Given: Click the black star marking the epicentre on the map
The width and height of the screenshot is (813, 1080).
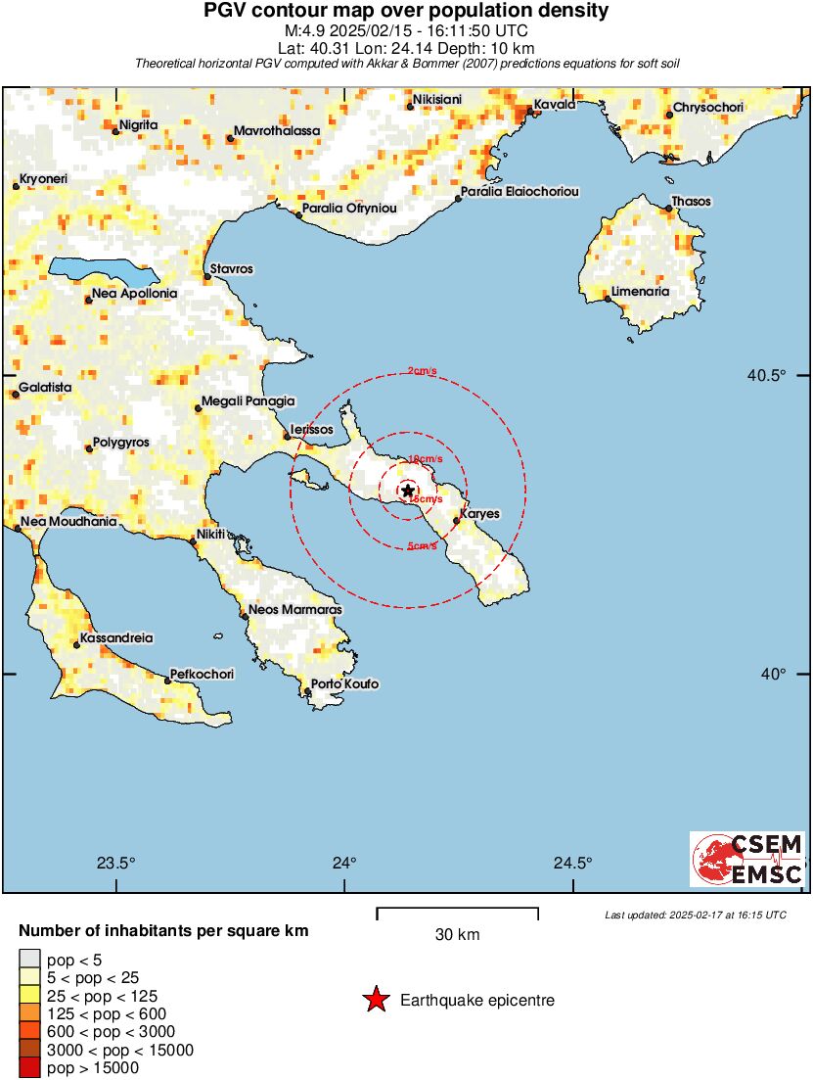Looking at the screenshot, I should click(x=408, y=491).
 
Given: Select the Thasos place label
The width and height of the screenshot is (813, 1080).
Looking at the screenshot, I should click(x=691, y=202).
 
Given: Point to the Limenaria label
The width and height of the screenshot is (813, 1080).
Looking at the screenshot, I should click(x=640, y=292).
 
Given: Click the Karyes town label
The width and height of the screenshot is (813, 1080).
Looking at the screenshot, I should click(x=479, y=513).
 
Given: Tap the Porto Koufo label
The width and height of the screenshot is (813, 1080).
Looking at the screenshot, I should click(x=344, y=684).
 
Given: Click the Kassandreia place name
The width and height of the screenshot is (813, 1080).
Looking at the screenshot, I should click(x=117, y=637).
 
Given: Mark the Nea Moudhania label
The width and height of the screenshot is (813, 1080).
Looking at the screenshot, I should click(x=69, y=522).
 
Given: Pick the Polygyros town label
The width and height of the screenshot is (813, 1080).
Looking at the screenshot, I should click(x=120, y=443).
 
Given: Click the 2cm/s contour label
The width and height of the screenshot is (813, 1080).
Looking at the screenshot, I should click(x=422, y=370).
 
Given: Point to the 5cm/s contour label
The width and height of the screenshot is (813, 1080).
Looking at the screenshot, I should click(x=422, y=546).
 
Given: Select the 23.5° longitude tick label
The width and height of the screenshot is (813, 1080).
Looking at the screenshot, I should click(x=115, y=864).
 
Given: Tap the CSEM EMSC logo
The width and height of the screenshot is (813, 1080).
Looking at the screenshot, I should click(x=747, y=859).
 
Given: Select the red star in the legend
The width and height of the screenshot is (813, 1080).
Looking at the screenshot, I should click(x=375, y=1000).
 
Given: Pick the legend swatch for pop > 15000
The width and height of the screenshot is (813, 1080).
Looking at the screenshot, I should click(x=29, y=1068).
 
